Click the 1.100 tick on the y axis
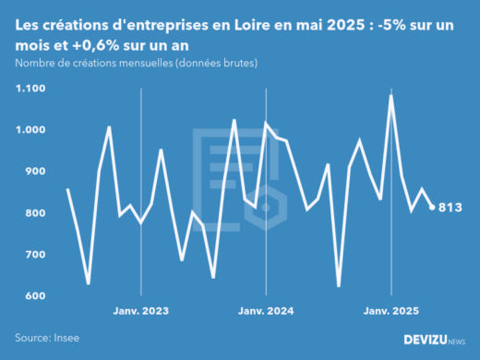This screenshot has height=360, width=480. [x=31, y=89]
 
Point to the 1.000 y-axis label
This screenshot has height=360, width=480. [x=31, y=130]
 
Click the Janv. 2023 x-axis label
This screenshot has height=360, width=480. [x=140, y=312]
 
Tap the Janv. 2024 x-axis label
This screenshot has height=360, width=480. [x=266, y=312]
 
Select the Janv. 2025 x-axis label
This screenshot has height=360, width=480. [x=391, y=312]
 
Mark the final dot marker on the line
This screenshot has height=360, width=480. [x=432, y=208]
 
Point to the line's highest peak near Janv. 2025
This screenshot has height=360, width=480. [x=391, y=96]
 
